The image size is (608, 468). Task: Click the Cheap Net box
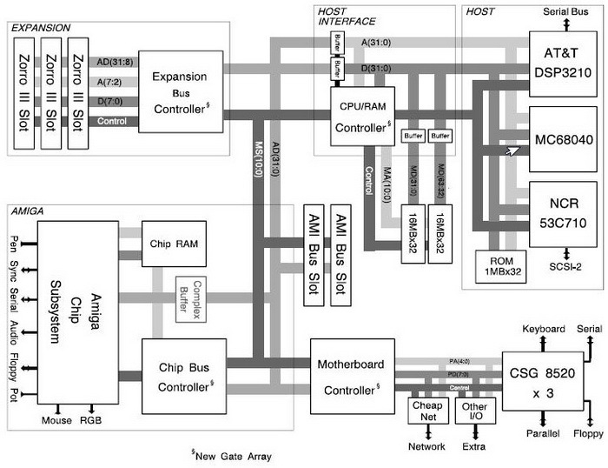click(x=426, y=411)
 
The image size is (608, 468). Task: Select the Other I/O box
click(x=474, y=411)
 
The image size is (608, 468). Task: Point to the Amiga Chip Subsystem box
click(x=76, y=312)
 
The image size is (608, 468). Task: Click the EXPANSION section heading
click(x=41, y=29)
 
